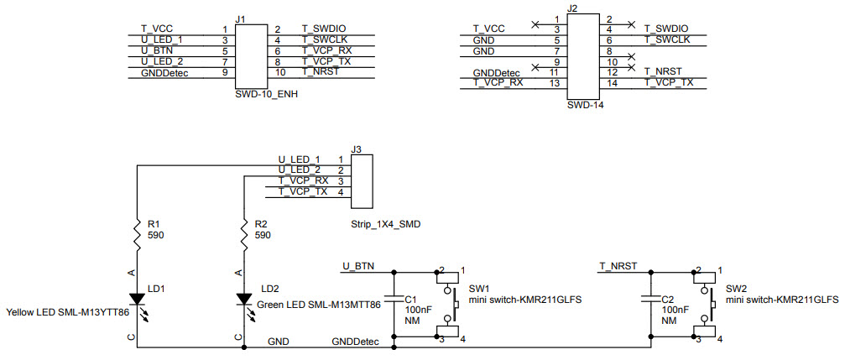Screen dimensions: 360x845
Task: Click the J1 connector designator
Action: point(241,18)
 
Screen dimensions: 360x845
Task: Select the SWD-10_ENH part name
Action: point(266,95)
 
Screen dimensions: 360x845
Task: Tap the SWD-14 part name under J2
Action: point(585,105)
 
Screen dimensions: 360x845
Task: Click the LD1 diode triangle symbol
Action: point(136,299)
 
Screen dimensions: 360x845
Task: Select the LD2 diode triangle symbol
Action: point(243,299)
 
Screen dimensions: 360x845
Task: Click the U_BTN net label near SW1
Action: point(357,267)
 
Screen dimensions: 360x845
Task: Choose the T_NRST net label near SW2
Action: point(618,267)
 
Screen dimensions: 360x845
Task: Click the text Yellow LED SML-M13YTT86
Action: point(67,312)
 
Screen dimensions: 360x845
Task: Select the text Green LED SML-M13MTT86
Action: point(318,305)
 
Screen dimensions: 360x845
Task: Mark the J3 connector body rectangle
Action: point(360,180)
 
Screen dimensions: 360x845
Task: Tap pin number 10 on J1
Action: point(281,74)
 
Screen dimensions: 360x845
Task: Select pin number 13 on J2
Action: point(554,82)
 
